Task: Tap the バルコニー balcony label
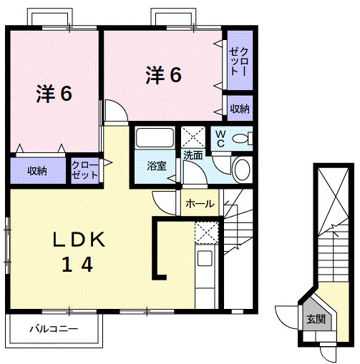[x=53, y=330]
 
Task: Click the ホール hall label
[x=200, y=204]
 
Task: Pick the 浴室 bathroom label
[x=157, y=166]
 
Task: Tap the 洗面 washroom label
[x=193, y=154]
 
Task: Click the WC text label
[x=220, y=138]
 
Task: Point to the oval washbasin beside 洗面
[x=242, y=169]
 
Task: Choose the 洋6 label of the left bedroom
[x=54, y=94]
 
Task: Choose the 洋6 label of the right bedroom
[x=163, y=74]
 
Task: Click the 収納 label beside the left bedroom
[x=38, y=171]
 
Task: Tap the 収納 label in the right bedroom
[x=240, y=109]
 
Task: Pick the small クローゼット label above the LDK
[x=84, y=171]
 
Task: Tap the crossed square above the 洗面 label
[x=193, y=136]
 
